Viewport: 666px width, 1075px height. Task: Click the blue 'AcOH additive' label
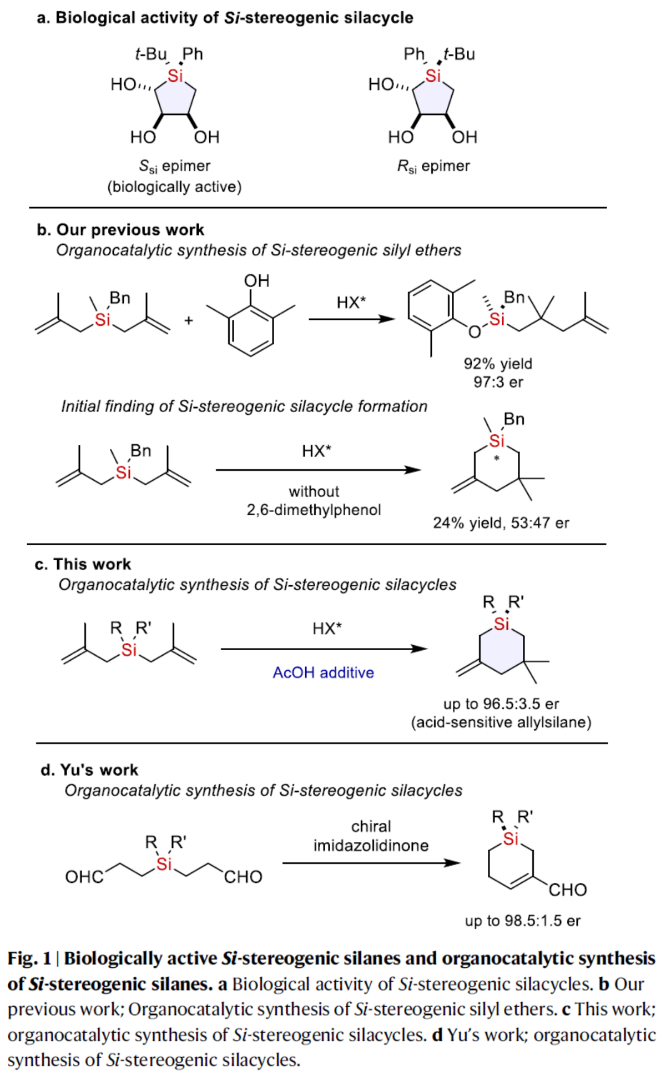click(x=323, y=672)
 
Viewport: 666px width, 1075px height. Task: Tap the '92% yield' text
click(x=498, y=364)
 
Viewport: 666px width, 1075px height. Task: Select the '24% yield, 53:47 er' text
click(x=501, y=523)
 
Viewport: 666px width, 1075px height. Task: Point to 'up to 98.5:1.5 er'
click(x=522, y=921)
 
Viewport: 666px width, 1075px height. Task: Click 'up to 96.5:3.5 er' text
click(x=501, y=704)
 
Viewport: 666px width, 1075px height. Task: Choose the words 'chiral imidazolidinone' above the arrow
click(x=371, y=836)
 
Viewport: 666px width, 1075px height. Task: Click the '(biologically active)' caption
click(x=174, y=187)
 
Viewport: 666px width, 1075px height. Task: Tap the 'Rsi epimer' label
click(x=433, y=166)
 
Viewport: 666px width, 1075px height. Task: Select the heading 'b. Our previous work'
click(x=120, y=230)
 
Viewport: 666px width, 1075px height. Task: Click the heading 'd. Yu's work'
click(x=89, y=770)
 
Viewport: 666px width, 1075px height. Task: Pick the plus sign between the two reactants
click(x=189, y=320)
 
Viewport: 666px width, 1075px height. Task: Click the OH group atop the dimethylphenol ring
click(x=256, y=281)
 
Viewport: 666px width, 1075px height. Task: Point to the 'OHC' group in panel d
click(x=84, y=877)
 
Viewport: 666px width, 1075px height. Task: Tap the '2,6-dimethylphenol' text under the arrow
click(x=314, y=510)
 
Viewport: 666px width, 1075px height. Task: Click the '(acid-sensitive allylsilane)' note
click(x=501, y=722)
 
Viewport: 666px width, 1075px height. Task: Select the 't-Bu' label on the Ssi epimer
click(x=150, y=54)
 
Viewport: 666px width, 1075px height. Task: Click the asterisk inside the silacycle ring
click(x=497, y=459)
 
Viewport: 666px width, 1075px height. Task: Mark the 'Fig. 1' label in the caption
click(x=29, y=958)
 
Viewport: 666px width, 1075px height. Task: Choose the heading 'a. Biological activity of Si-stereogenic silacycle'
click(x=225, y=18)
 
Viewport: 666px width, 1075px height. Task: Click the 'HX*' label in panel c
click(x=327, y=629)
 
